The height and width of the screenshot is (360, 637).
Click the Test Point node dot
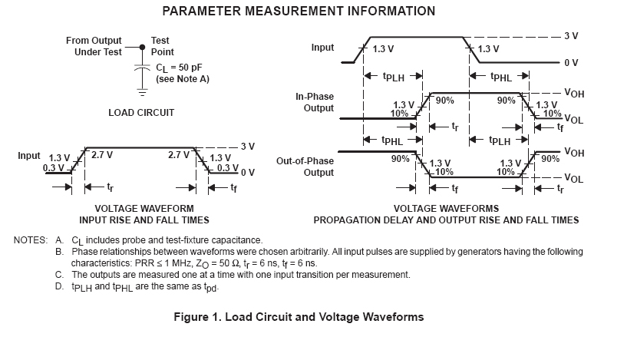(x=142, y=47)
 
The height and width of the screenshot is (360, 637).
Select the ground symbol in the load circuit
(x=142, y=90)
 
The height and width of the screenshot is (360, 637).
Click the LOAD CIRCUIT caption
(x=141, y=112)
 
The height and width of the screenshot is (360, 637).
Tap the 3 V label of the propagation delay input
(x=570, y=35)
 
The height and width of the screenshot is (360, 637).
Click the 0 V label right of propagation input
(x=570, y=63)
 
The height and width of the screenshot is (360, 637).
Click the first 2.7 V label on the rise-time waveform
(x=102, y=154)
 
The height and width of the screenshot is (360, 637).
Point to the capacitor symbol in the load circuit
(x=142, y=68)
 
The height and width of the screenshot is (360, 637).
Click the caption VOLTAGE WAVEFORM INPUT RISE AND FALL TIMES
(x=144, y=213)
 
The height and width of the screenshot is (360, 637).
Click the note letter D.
(x=59, y=286)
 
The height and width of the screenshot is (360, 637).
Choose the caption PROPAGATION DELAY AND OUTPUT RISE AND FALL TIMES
(x=446, y=220)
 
